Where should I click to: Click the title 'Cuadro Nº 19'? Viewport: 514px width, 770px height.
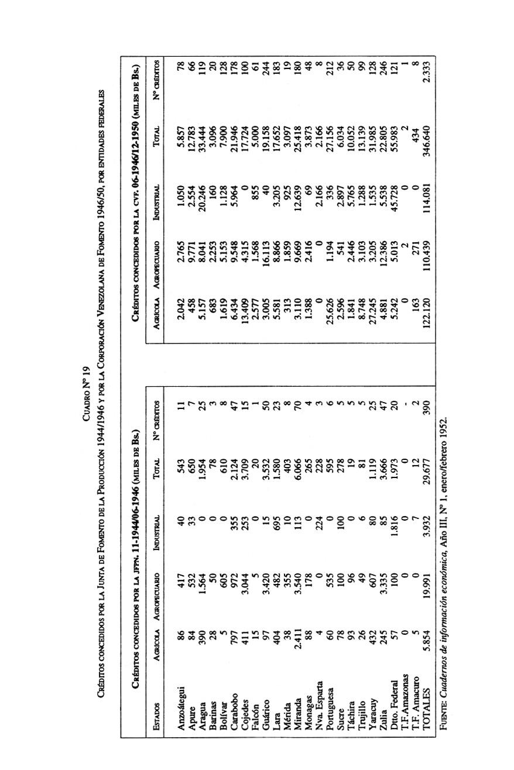pos(85,385)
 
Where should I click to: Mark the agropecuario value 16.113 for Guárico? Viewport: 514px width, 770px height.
pos(265,253)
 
